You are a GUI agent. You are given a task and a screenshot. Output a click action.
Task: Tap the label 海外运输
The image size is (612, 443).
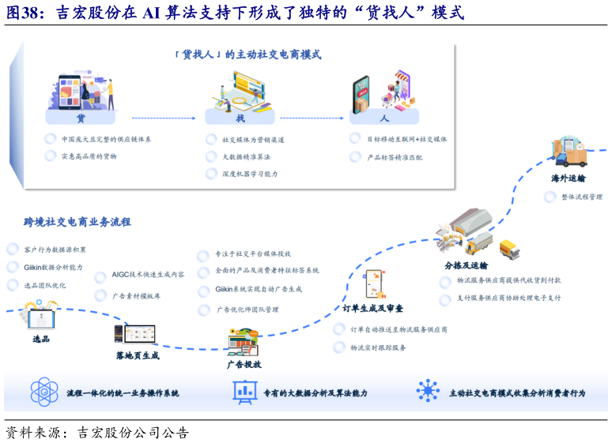pos(569,178)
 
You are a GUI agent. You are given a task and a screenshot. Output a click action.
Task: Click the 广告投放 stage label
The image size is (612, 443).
pos(244,364)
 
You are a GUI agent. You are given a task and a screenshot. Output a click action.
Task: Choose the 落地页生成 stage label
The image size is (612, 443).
pos(138,355)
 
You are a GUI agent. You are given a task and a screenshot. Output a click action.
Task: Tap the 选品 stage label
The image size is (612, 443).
pos(41,339)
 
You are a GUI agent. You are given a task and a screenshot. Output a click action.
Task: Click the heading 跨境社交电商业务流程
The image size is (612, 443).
pos(77,222)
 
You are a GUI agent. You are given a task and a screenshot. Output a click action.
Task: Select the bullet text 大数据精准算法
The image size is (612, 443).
pos(247,156)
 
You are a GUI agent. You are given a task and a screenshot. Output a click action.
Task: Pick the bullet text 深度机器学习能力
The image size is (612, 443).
pos(250,174)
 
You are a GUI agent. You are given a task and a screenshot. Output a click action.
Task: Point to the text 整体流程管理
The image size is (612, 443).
pos(582,197)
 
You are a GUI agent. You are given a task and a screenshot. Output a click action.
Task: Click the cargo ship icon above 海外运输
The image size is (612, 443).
pos(569,153)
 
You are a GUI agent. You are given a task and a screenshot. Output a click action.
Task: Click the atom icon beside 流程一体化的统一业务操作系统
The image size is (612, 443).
pos(44,392)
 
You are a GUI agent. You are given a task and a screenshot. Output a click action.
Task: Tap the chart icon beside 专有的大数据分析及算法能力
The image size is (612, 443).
pos(244,392)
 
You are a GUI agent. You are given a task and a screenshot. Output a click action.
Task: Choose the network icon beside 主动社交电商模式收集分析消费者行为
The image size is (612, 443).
pos(428,392)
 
